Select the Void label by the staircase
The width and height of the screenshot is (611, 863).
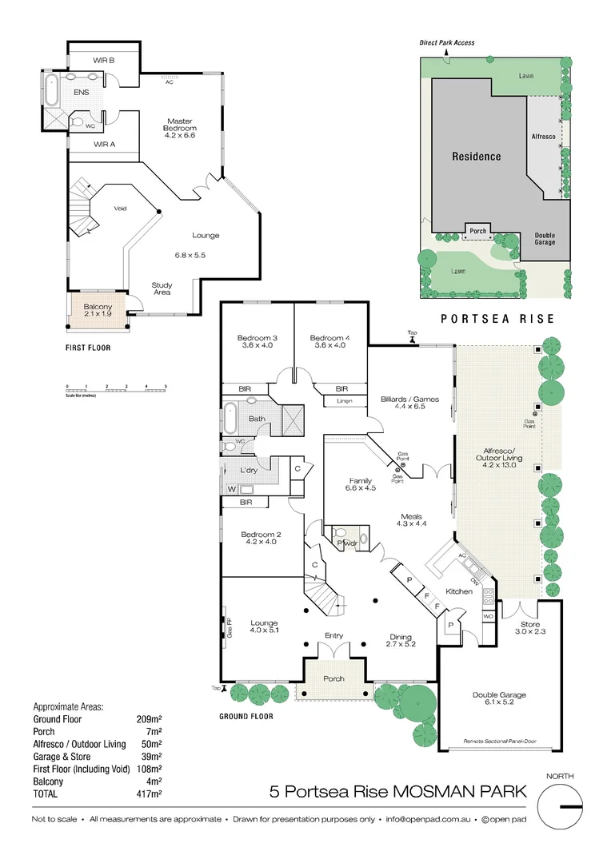[x=121, y=209]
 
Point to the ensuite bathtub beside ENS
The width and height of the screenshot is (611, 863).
[x=50, y=92]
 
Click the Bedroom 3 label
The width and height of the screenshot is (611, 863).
[x=258, y=338]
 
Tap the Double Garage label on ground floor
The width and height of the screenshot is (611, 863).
[x=499, y=695]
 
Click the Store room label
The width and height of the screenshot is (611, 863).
[x=529, y=624]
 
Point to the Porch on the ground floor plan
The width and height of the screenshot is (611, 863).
[x=333, y=678]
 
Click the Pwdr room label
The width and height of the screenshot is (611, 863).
[x=345, y=544]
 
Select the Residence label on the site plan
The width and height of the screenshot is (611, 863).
[x=476, y=157]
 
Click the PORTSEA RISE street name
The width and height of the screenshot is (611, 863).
[x=497, y=319]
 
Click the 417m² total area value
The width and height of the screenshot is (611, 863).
[x=149, y=794]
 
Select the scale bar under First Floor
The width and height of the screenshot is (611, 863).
[x=115, y=391]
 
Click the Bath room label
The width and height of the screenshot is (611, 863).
[x=257, y=419]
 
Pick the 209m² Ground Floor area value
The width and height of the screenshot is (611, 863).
[x=149, y=718]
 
